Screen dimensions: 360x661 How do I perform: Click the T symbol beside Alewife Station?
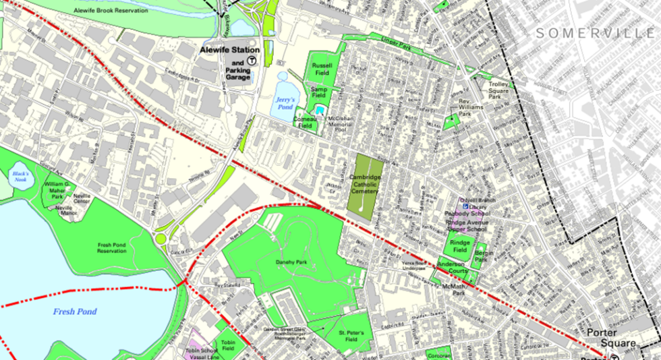(252, 60)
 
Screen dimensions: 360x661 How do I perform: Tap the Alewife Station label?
(229, 50)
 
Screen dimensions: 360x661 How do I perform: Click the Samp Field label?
(318, 92)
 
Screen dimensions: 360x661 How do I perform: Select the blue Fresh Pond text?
(76, 311)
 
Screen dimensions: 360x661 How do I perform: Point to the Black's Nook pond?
(19, 177)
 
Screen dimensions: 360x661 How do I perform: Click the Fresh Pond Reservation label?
(112, 247)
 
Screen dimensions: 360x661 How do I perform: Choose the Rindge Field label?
(460, 247)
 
